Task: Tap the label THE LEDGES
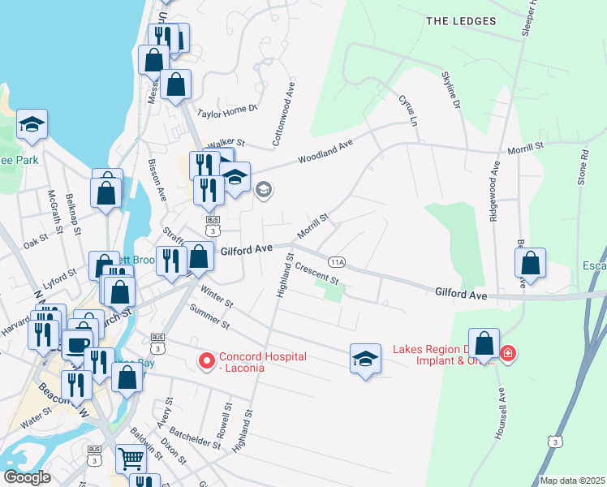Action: pyautogui.click(x=460, y=20)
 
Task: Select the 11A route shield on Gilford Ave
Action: pyautogui.click(x=338, y=262)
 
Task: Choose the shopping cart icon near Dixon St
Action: pyautogui.click(x=131, y=459)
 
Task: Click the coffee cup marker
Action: pyautogui.click(x=78, y=344)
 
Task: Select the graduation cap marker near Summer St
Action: pyautogui.click(x=365, y=359)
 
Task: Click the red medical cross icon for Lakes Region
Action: pyautogui.click(x=508, y=354)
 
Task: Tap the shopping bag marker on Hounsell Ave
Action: pyautogui.click(x=484, y=344)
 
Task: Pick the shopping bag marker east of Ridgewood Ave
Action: pyautogui.click(x=530, y=263)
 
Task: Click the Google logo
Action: pyautogui.click(x=27, y=477)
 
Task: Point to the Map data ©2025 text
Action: pyautogui.click(x=571, y=481)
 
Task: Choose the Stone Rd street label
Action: pyautogui.click(x=583, y=166)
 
